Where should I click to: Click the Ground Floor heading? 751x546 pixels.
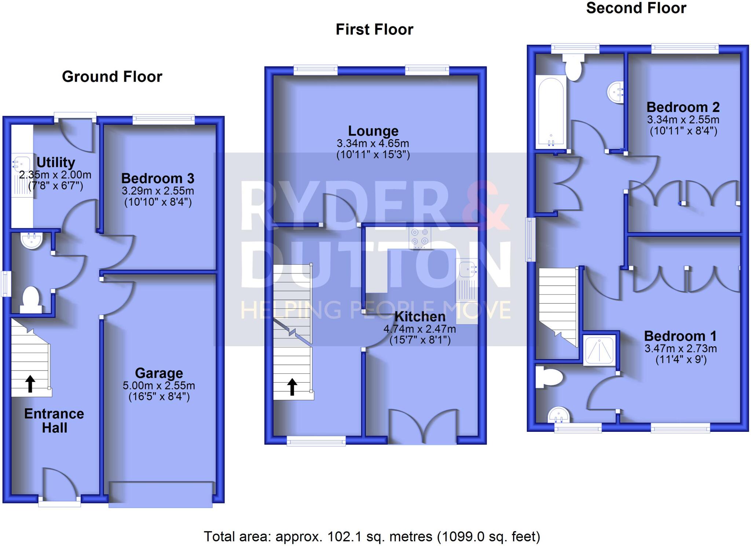tap(112, 77)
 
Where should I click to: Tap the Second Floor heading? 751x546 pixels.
tap(636, 8)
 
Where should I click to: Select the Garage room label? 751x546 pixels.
tap(159, 373)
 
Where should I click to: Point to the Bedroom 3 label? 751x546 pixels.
tap(158, 178)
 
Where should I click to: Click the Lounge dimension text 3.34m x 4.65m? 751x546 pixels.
tap(373, 143)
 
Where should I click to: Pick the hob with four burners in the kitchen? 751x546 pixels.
tap(420, 237)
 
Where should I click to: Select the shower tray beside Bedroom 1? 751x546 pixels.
tap(599, 351)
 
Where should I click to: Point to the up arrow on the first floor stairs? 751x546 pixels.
tap(292, 387)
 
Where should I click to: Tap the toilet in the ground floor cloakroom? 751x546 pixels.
tap(31, 299)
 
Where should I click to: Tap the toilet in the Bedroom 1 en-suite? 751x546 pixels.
tap(549, 376)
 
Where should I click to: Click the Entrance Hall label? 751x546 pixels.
tap(54, 421)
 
